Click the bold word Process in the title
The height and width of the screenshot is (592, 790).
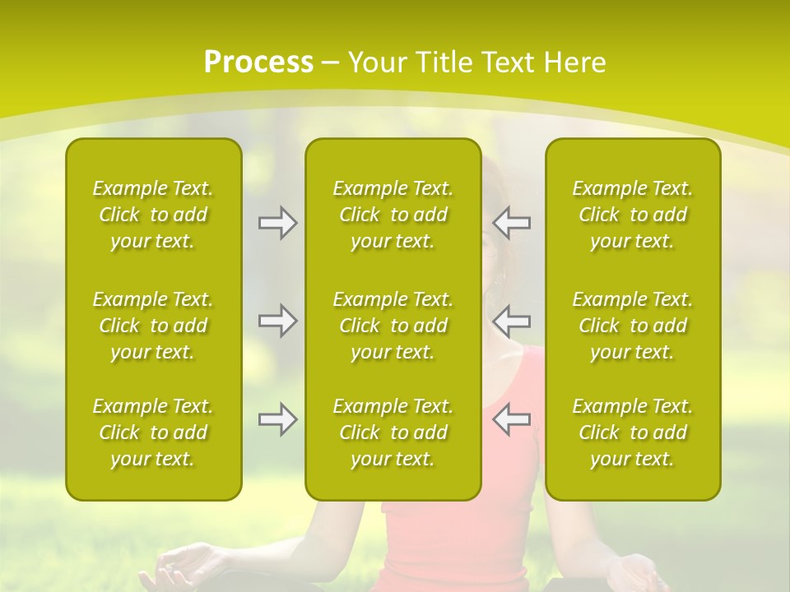tap(258, 62)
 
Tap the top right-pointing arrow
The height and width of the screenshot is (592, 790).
tap(277, 222)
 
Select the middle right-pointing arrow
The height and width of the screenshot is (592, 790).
tap(277, 321)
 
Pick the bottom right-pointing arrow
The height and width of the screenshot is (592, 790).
tap(277, 419)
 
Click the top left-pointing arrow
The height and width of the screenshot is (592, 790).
tap(512, 222)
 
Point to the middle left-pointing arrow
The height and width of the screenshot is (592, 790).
tap(512, 321)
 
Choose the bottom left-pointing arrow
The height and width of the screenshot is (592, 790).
tap(512, 419)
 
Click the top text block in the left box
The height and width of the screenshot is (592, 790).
tap(153, 215)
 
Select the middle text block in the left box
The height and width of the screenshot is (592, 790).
tap(153, 326)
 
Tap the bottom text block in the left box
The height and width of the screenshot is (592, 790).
tap(153, 432)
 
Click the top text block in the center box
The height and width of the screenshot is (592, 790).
tap(393, 215)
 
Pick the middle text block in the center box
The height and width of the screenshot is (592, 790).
tap(393, 326)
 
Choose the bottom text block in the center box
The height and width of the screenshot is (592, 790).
tap(393, 432)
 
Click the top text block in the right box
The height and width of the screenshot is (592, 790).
tap(633, 215)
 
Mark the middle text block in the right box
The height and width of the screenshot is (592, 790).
tap(633, 326)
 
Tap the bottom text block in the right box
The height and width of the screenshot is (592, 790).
tap(633, 432)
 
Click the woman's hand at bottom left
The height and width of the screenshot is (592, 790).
tap(177, 567)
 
